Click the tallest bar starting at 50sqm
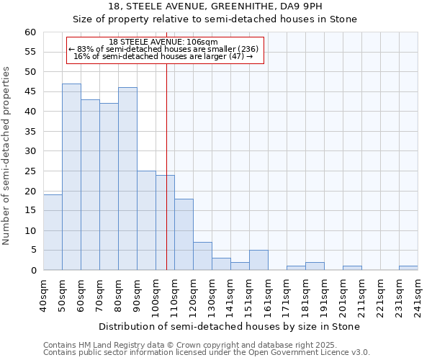coord(71,177)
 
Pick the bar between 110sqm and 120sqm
coord(184,235)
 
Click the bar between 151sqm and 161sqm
coord(258,260)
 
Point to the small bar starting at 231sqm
coord(408,268)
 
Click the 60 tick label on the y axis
coord(30,32)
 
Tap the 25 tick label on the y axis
coord(30,171)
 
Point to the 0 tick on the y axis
coord(32,271)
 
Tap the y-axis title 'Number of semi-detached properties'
coord(7,156)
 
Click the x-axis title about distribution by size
coord(229,326)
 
